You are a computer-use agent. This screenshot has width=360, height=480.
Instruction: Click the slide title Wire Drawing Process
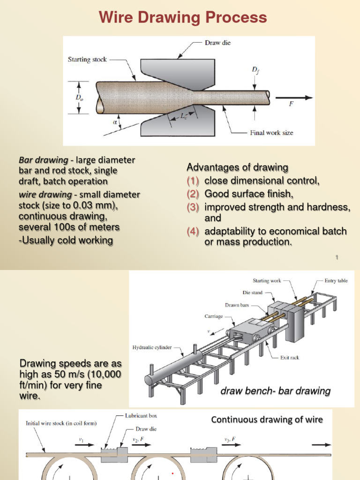(183, 18)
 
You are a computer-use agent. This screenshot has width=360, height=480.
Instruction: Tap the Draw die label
(217, 43)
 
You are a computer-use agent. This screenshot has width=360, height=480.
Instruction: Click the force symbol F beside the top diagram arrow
(291, 104)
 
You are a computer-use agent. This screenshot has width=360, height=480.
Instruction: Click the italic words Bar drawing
(43, 160)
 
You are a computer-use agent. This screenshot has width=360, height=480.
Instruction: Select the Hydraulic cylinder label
(151, 347)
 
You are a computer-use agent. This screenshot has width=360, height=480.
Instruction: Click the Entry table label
(336, 281)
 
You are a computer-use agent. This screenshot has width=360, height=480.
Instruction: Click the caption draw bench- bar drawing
(275, 391)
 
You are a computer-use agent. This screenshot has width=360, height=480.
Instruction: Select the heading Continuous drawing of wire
(267, 420)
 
